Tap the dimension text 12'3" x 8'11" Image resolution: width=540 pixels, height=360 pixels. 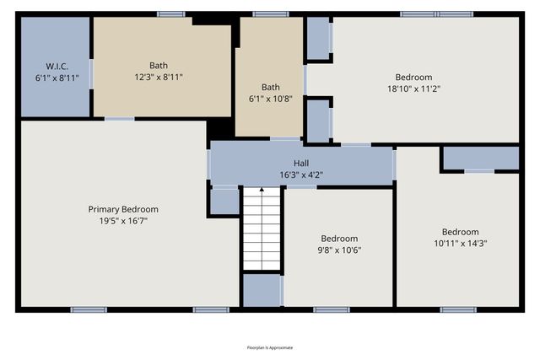coord(159,77)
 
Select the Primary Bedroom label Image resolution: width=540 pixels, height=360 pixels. coord(123,209)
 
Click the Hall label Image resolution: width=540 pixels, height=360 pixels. coord(301,164)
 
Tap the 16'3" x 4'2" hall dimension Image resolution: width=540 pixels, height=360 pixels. coord(301,175)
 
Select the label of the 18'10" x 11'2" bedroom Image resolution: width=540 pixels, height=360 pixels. coord(413,77)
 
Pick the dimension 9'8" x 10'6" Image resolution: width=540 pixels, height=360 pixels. coord(338,250)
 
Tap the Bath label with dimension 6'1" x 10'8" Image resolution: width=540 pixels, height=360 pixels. coord(270,87)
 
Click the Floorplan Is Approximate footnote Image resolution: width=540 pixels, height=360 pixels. coord(270,347)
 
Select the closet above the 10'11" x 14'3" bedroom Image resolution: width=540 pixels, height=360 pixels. coord(480,158)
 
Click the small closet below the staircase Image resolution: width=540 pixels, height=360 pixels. coord(262,290)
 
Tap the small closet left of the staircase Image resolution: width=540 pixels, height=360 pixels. coord(224,201)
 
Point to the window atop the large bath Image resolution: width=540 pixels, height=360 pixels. coord(171,13)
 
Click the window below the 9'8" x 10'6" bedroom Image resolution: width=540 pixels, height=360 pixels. coord(331,309)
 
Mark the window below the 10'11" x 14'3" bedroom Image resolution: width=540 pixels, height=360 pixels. coord(458,309)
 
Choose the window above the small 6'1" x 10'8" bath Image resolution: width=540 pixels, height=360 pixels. coord(270,13)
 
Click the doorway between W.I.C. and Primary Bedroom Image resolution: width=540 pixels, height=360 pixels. coord(119,119)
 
